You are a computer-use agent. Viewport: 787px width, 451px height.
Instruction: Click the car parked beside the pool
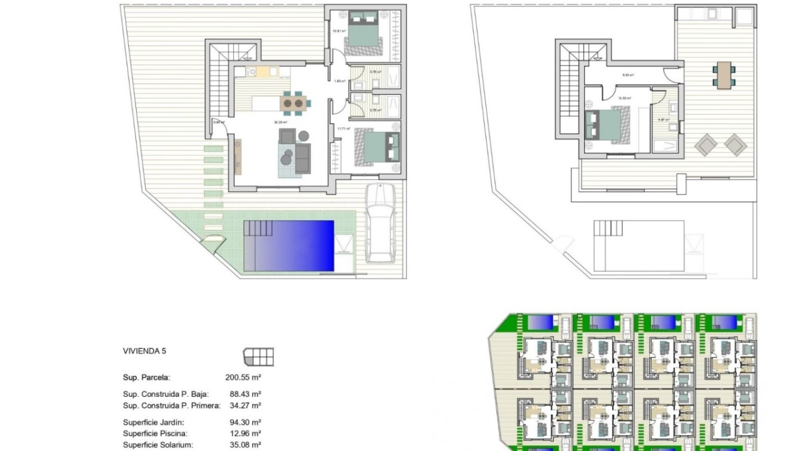coord(379,224)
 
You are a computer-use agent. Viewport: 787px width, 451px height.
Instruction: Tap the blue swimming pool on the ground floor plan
coord(289,245)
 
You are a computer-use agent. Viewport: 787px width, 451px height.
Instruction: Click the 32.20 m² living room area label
coord(280,122)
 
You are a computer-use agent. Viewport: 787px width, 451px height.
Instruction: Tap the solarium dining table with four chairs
coord(724,74)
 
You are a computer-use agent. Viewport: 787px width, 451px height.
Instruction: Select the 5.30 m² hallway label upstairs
coord(628,75)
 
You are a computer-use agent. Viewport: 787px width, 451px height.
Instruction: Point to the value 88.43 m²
coord(245,394)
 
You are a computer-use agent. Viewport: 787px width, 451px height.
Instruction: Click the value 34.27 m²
coord(245,405)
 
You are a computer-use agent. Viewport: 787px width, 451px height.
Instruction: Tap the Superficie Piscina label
coord(155,433)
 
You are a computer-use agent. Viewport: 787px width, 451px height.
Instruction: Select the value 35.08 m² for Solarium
coord(245,444)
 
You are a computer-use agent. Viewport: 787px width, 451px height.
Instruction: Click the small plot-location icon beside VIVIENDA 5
coord(258,357)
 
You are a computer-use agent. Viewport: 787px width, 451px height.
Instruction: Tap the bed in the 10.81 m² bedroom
coord(362,29)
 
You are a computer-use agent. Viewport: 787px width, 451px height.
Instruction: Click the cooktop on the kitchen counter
coord(251,73)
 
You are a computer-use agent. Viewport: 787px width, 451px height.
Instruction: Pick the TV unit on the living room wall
coord(238,156)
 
